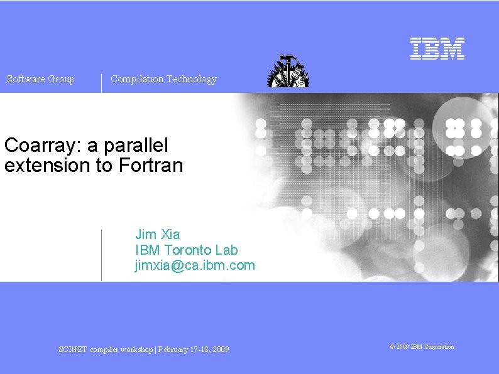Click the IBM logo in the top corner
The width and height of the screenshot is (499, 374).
[x=437, y=49]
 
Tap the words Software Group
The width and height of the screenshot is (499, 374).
[x=41, y=79]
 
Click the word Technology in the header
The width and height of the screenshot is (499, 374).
[x=192, y=79]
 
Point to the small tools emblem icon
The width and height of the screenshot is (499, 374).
[x=288, y=71]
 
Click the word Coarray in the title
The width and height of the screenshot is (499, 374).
[x=41, y=146]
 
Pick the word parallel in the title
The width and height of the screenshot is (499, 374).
[x=138, y=146]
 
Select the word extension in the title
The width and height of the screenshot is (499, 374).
[x=48, y=166]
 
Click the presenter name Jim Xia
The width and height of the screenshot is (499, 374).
[x=158, y=235]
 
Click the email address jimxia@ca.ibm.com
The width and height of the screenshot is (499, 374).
[x=195, y=265]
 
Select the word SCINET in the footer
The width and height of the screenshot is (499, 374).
[x=73, y=350]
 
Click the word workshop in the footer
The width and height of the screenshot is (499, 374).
[x=135, y=350]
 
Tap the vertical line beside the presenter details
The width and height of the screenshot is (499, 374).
[x=101, y=255]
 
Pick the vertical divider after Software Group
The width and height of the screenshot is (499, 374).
[x=101, y=83]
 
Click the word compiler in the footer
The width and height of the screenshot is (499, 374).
[x=104, y=350]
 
